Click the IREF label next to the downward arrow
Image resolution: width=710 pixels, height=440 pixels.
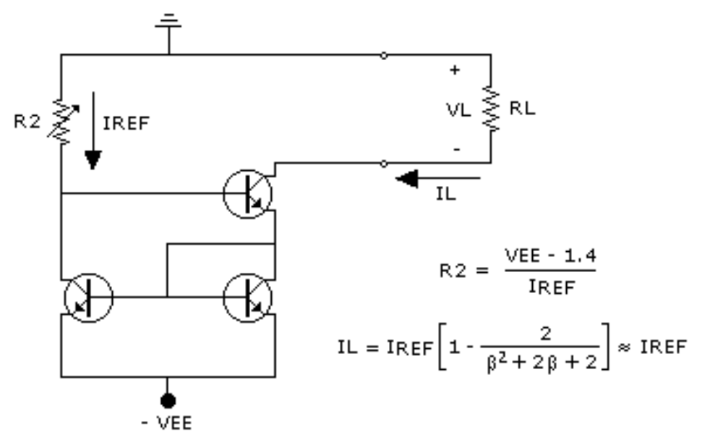[x=126, y=122]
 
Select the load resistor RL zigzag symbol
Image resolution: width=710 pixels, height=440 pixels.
[x=491, y=109]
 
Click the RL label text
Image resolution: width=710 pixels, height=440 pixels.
[x=522, y=109]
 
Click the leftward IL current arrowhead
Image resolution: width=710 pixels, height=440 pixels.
[x=409, y=178]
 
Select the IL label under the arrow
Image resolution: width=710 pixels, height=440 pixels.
[x=447, y=195]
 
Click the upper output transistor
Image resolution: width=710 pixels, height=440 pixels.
[x=247, y=193]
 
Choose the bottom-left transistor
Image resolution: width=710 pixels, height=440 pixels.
[x=88, y=297]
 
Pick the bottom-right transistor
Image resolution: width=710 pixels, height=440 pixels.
[x=247, y=297]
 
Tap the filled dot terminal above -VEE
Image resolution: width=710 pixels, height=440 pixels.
[x=168, y=399]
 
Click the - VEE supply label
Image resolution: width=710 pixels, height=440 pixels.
[x=168, y=423]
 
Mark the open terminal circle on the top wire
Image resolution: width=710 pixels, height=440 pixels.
[x=383, y=55]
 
